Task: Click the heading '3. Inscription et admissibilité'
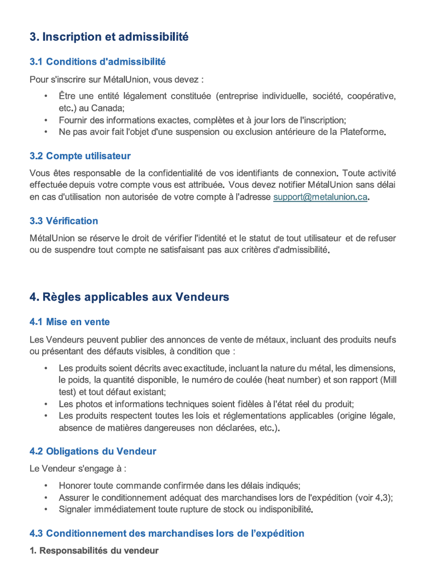click(x=109, y=37)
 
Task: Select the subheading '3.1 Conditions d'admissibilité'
click(x=97, y=62)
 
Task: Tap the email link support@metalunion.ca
click(x=320, y=197)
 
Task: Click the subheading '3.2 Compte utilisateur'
click(x=80, y=156)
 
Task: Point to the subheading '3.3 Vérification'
click(x=64, y=221)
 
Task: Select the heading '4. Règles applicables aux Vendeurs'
click(x=129, y=297)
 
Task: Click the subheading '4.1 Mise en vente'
click(x=69, y=322)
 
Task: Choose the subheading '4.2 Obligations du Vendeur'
click(x=93, y=452)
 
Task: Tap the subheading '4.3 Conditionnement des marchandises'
click(x=166, y=533)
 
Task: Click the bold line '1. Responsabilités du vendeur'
click(x=94, y=551)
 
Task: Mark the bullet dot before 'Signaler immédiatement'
click(x=45, y=510)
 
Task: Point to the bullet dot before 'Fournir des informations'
click(x=45, y=120)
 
